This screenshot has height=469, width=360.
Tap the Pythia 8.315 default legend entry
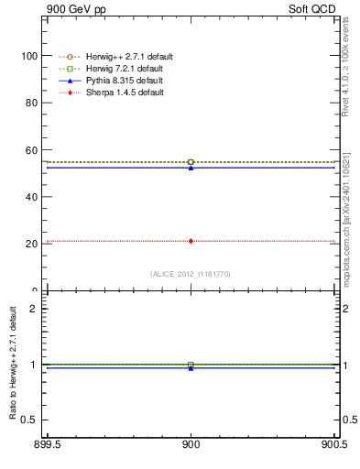118,82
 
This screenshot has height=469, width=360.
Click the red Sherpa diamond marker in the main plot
191,241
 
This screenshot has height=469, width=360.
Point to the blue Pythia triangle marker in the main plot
191,168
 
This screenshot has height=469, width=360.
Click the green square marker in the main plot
191,162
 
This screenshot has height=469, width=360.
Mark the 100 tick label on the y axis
27,56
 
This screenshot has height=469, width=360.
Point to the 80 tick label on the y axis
30,103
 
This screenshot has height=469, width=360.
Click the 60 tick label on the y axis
30,150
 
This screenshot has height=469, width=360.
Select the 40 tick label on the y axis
30,197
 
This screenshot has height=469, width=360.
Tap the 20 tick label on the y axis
30,245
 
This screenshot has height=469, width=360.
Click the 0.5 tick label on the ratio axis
28,420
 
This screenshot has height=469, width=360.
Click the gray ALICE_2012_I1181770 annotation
191,274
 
